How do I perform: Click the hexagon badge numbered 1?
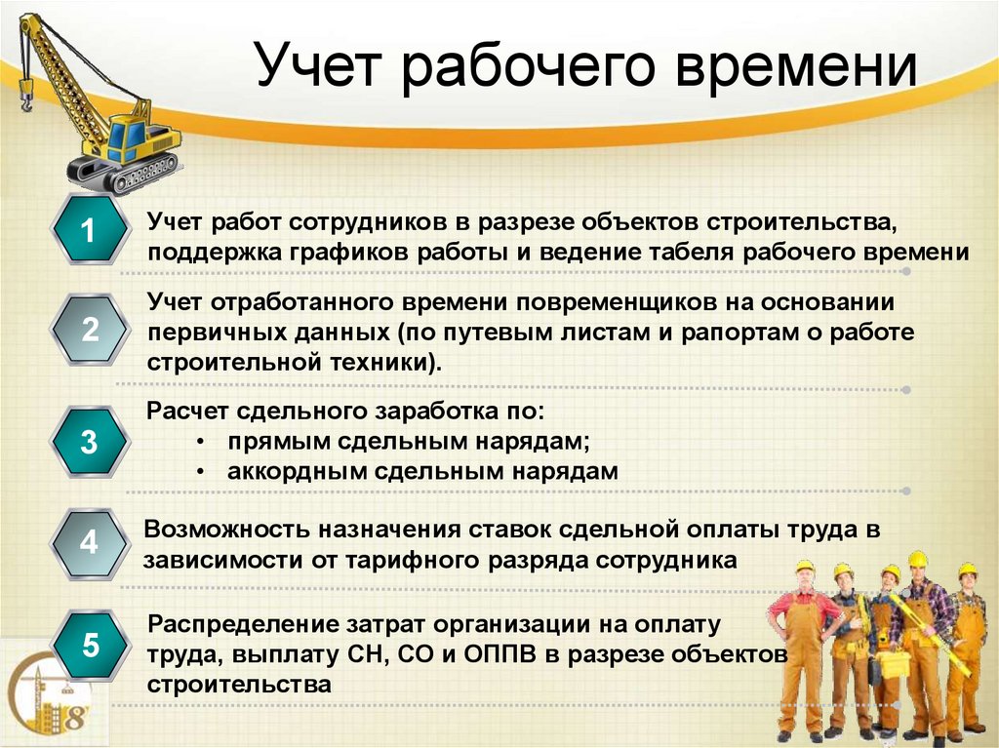tap(89, 231)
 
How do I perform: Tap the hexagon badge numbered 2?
tap(89, 330)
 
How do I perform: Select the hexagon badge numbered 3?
tap(89, 442)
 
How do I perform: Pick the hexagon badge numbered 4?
tap(89, 541)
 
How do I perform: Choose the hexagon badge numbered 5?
tap(89, 645)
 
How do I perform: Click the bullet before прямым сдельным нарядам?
tap(200, 442)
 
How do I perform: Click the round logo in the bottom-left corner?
tap(49, 700)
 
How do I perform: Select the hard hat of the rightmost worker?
tap(966, 570)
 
